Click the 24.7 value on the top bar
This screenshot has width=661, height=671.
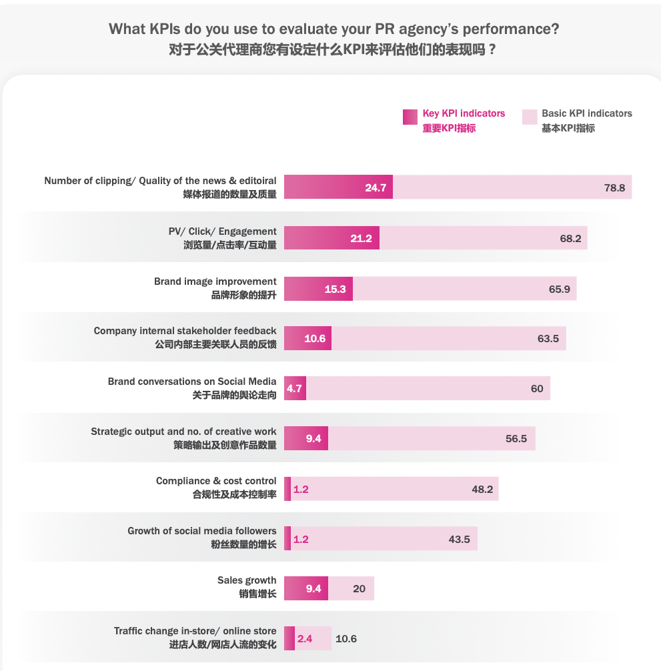click(376, 188)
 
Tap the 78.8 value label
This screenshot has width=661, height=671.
click(614, 188)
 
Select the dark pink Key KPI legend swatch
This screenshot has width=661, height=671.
click(410, 117)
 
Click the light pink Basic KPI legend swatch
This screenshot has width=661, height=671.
click(529, 117)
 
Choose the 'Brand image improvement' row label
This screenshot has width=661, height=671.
click(215, 281)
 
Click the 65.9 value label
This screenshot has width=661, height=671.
click(560, 289)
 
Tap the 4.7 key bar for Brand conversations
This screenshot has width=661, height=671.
click(295, 388)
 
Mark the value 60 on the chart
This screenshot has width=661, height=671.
click(537, 389)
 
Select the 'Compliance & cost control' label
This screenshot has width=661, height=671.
click(216, 481)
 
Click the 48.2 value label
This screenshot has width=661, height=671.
click(482, 490)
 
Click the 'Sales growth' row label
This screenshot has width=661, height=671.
click(247, 580)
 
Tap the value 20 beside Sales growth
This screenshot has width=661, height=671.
click(359, 589)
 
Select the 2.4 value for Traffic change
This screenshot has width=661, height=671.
click(305, 639)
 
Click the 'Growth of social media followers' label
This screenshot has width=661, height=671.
click(202, 531)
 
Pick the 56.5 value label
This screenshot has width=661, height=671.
click(516, 439)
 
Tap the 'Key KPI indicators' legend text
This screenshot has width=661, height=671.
click(464, 113)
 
